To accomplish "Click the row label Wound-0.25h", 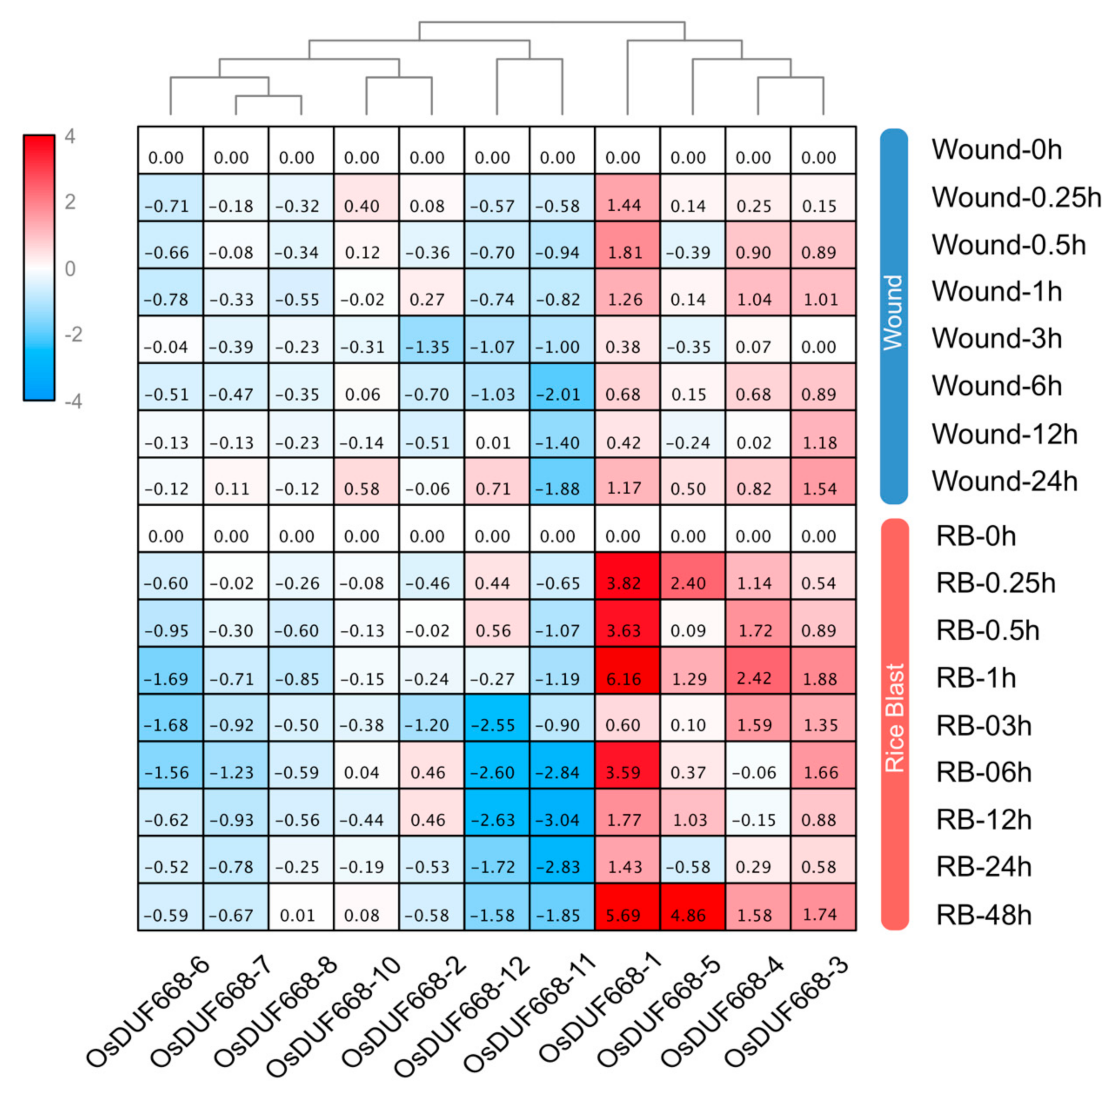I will click(1016, 198).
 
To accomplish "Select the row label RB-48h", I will click(984, 915).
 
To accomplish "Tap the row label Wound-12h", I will click(1004, 434).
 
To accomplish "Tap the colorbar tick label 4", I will click(70, 137).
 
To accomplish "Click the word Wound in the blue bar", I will click(893, 312).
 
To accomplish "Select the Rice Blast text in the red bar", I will click(894, 718).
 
